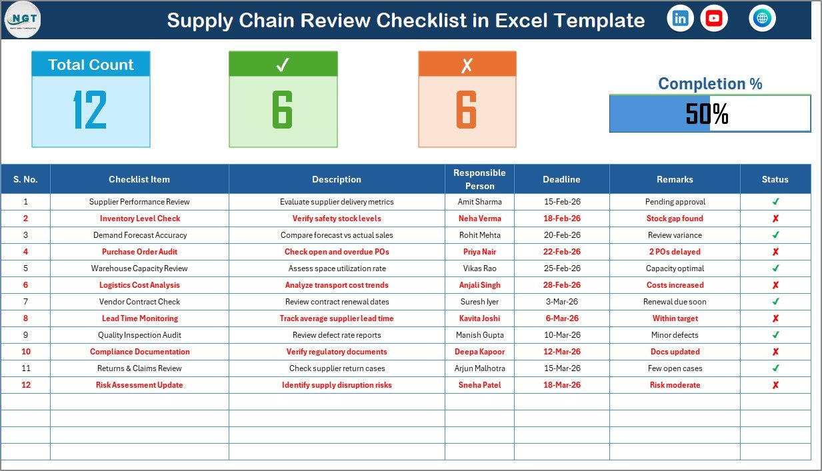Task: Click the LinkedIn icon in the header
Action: pos(680,19)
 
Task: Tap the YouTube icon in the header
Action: pos(714,19)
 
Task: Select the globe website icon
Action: pos(762,19)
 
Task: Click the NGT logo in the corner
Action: pos(22,19)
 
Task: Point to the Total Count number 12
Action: pos(90,110)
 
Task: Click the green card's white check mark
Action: pos(283,65)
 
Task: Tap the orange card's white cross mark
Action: pos(467,65)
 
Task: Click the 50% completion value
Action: pos(707,114)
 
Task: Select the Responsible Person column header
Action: pos(479,179)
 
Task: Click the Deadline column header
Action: pos(561,179)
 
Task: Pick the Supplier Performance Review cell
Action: pos(139,202)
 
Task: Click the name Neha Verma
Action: pos(479,219)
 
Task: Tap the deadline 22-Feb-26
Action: pos(562,252)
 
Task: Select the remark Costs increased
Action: pos(675,285)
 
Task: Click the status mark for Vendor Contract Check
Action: pos(775,302)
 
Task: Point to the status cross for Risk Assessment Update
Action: pos(775,385)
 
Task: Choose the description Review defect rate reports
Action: pos(337,335)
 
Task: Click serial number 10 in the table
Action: pos(26,352)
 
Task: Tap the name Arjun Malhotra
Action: pos(479,368)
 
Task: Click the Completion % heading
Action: pos(710,84)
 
